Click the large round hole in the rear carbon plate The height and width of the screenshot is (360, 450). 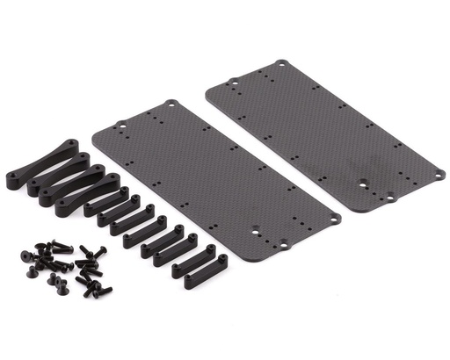click(x=363, y=184)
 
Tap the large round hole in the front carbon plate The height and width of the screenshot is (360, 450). click(x=256, y=231)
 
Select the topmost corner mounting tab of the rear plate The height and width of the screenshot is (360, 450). click(x=281, y=64)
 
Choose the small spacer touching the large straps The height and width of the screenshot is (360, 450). click(x=106, y=205)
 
